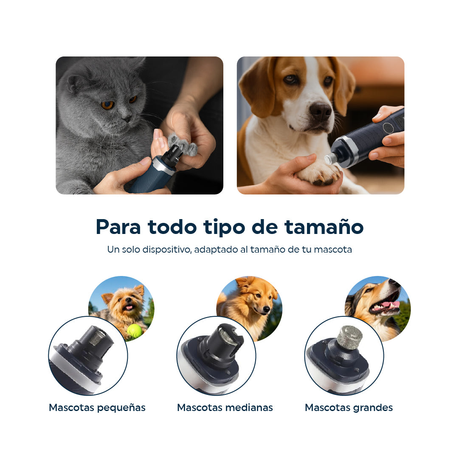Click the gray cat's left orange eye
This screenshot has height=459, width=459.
107,104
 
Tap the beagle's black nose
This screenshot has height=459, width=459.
320,111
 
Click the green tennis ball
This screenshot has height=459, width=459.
134,331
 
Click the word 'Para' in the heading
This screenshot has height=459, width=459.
118,227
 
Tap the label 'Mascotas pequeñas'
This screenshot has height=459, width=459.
97,408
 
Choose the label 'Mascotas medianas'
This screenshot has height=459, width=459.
225,408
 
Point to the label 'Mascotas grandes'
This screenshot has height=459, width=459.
349,408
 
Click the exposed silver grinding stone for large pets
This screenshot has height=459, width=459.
349,338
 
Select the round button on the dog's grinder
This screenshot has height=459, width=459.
388,127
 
